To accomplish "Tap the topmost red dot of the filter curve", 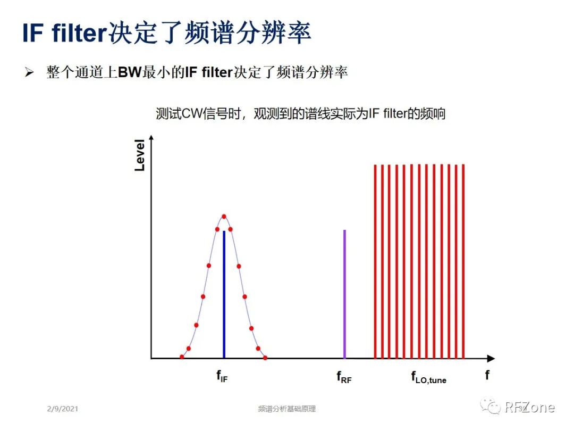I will click(x=224, y=216).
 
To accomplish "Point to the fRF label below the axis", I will click(x=344, y=377).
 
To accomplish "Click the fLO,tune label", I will click(x=428, y=377).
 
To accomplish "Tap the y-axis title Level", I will click(x=140, y=155).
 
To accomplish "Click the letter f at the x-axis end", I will click(x=487, y=375).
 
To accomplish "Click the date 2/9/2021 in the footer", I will click(x=62, y=409).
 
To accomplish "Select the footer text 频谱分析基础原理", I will click(x=286, y=409).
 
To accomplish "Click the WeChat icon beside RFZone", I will click(x=490, y=407).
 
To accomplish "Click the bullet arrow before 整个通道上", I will click(x=29, y=73).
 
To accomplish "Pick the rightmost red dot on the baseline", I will click(x=265, y=358).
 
